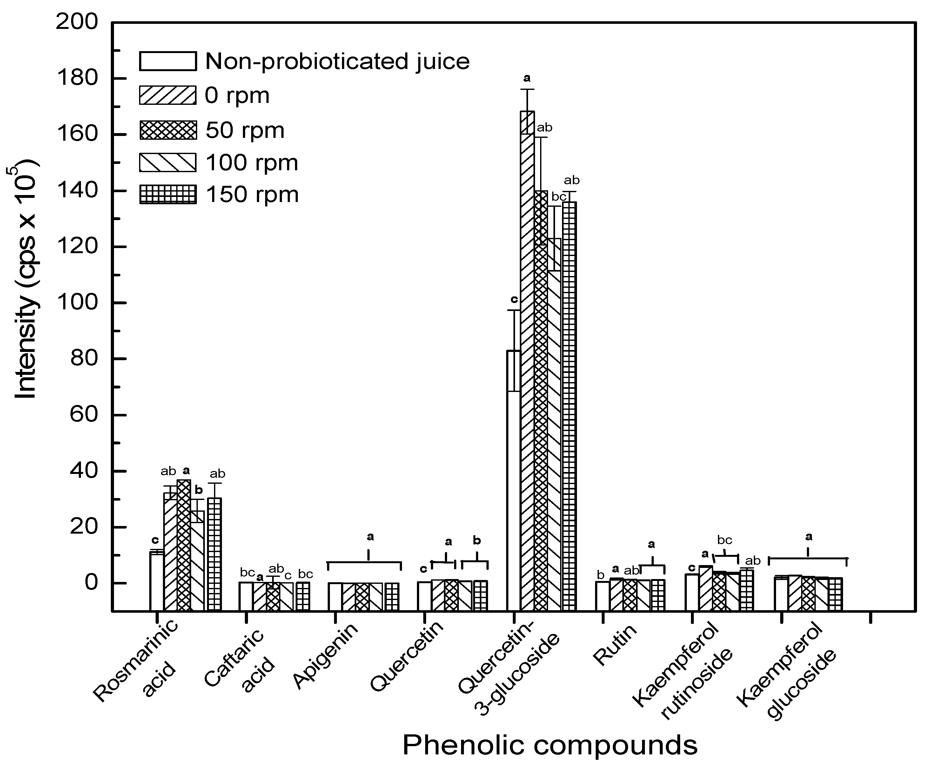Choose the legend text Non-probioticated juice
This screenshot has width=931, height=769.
[337, 61]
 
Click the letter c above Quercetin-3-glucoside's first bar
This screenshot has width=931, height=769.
[514, 300]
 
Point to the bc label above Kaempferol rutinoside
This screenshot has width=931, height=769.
[725, 540]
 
